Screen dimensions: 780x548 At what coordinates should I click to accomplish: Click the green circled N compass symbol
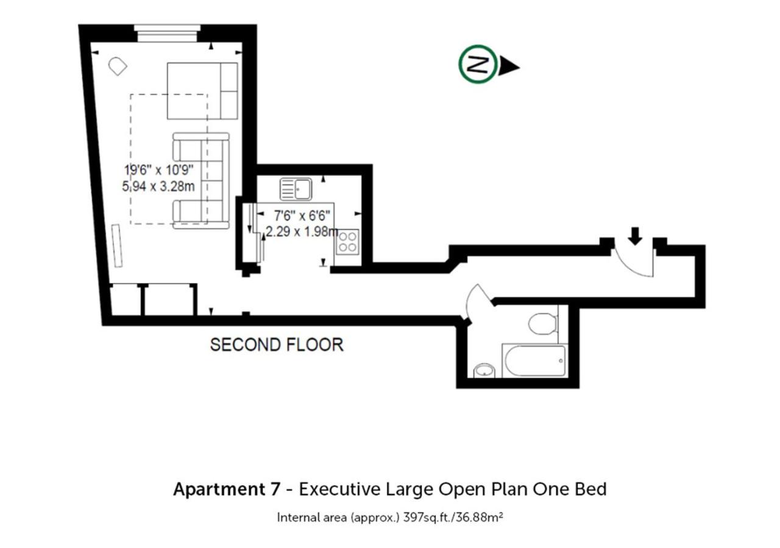477,64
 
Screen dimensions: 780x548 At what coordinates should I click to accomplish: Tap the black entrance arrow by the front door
635,236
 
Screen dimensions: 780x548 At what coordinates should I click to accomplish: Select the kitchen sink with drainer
296,189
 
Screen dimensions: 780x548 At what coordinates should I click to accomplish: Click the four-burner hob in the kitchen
347,242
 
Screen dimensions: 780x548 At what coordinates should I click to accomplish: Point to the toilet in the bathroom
542,323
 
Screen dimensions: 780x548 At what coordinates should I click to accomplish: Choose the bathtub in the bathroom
534,360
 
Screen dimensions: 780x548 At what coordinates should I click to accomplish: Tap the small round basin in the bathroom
484,370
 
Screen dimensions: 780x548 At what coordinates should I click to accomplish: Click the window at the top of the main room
167,33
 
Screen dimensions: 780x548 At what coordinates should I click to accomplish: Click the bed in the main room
202,91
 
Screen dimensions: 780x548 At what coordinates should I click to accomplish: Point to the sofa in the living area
201,181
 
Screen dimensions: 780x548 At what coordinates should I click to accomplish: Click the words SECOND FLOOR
277,345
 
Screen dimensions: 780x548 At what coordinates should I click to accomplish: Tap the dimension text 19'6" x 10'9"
159,170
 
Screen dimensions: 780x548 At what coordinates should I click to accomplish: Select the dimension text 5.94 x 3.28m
158,186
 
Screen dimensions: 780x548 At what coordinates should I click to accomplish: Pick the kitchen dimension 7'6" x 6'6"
302,216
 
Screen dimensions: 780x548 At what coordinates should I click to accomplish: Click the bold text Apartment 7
227,489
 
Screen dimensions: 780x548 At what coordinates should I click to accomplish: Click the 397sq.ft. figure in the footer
428,518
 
